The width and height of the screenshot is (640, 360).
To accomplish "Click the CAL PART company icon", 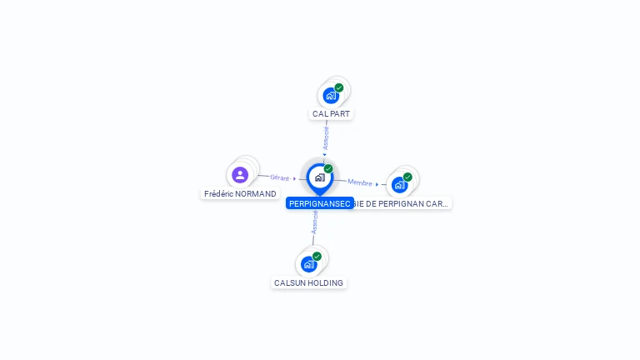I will pos(331,96).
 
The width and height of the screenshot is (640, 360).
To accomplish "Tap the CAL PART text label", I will pos(332,113).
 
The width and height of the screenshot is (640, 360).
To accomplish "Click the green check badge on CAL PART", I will pos(339,87).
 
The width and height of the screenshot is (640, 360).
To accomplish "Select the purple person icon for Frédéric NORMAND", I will pos(240,175).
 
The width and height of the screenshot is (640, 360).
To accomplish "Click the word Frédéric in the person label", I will pos(219,193).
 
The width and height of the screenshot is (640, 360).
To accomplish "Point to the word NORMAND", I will pos(256,193).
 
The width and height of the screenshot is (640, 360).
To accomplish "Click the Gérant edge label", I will pos(280,177).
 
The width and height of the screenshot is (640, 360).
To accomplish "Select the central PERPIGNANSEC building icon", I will pos(319,177).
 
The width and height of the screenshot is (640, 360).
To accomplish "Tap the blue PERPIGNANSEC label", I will pos(319,203).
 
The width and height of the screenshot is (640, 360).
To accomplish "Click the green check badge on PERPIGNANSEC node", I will pos(328,168).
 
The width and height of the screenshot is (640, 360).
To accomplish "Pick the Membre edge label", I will pos(360,182).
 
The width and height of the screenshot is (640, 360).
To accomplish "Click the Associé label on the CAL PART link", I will pos(326,137).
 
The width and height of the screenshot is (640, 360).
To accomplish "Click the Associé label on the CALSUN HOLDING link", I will pos(315,221).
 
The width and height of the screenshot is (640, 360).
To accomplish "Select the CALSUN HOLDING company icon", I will pos(309,264).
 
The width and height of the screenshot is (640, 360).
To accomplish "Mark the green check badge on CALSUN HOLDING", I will pos(317,257).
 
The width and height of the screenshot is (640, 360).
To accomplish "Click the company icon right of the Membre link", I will pos(399,184).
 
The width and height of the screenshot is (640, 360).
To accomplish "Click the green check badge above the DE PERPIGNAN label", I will pos(407,177).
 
